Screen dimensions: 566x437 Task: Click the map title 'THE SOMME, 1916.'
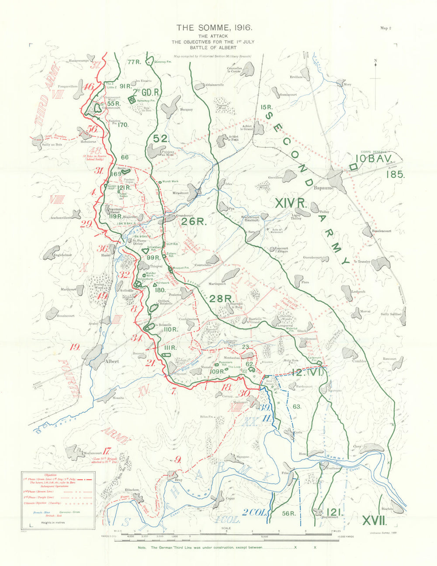point(214,28)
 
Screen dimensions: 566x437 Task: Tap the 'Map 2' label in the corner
point(385,28)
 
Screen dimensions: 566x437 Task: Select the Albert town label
point(112,362)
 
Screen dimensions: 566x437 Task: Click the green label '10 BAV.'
point(375,158)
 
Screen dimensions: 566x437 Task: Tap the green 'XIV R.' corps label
point(292,203)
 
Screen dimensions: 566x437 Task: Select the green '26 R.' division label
point(194,221)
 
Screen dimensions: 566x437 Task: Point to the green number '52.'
point(161,138)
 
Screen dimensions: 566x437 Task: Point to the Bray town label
point(178,480)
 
